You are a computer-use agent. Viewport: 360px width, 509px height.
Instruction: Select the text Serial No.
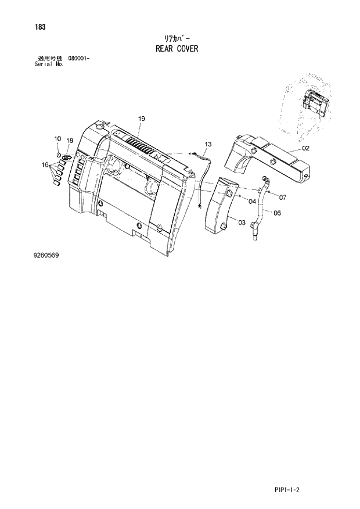[x=50, y=64]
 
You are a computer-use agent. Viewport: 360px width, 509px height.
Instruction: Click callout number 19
[x=141, y=119]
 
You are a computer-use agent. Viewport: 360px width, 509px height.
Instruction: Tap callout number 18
[x=69, y=141]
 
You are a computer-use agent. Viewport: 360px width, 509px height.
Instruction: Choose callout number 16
[x=45, y=165]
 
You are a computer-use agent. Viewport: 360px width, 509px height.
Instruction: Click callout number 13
[x=208, y=144]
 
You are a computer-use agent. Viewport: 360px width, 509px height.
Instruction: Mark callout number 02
[x=305, y=148]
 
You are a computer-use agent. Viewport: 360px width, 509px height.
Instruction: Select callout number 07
[x=283, y=197]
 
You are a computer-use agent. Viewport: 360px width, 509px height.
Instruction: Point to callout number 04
[x=252, y=201]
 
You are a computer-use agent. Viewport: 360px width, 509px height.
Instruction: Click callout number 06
[x=277, y=213]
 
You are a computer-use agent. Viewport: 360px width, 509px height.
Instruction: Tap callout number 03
[x=242, y=221]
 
